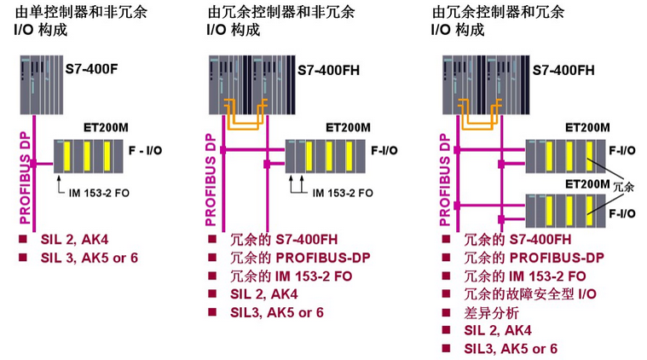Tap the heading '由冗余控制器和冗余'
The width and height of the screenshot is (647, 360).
point(498,13)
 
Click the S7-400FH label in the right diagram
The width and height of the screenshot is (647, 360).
point(563,68)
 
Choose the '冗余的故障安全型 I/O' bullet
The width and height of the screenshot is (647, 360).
point(529,293)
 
